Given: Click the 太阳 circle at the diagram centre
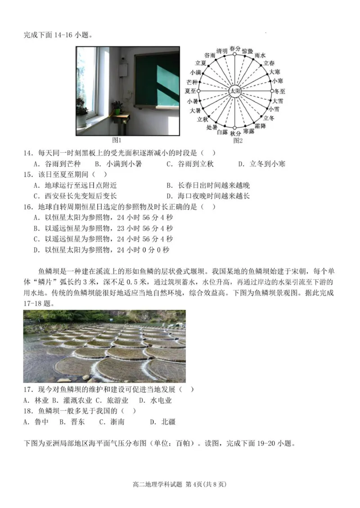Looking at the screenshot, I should pos(234,90).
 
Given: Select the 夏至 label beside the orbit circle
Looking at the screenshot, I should pos(191,90).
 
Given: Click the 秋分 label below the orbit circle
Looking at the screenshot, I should pos(235,134).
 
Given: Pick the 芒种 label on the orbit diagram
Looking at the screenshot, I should pos(192,82).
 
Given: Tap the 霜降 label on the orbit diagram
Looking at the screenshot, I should pos(261,126).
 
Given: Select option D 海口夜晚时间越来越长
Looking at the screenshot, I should pos(208,196).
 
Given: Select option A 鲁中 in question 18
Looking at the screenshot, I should pos(32,422).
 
